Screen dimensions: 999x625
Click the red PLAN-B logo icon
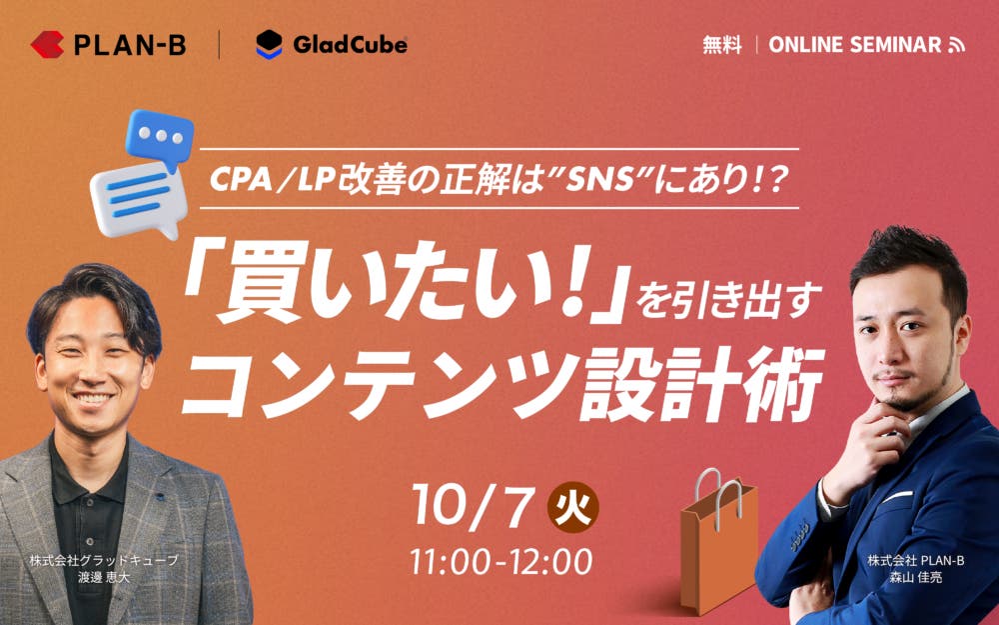(x=47, y=45)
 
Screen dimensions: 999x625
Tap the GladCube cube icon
(x=269, y=45)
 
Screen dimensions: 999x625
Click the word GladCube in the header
(x=350, y=45)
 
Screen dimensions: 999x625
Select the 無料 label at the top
(x=722, y=45)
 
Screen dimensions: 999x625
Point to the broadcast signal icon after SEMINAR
(x=956, y=45)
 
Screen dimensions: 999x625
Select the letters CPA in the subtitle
(x=240, y=181)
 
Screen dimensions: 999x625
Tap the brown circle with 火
(x=572, y=507)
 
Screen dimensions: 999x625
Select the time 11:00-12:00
(x=500, y=562)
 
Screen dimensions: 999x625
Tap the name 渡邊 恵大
(x=103, y=578)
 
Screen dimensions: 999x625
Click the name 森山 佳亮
(x=915, y=578)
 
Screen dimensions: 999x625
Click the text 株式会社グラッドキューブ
(x=103, y=561)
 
